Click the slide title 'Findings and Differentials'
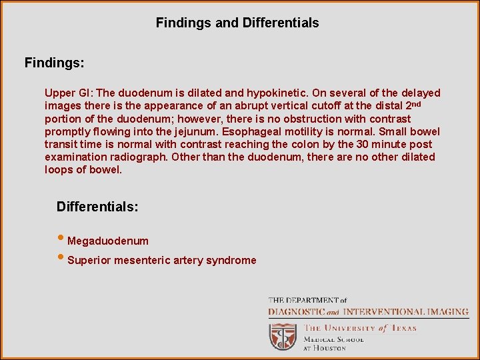point(237,23)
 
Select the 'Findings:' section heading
point(55,63)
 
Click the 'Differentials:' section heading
point(97,207)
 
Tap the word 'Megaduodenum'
point(108,241)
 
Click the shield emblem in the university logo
point(283,337)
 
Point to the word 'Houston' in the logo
point(331,348)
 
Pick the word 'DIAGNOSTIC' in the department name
point(296,312)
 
